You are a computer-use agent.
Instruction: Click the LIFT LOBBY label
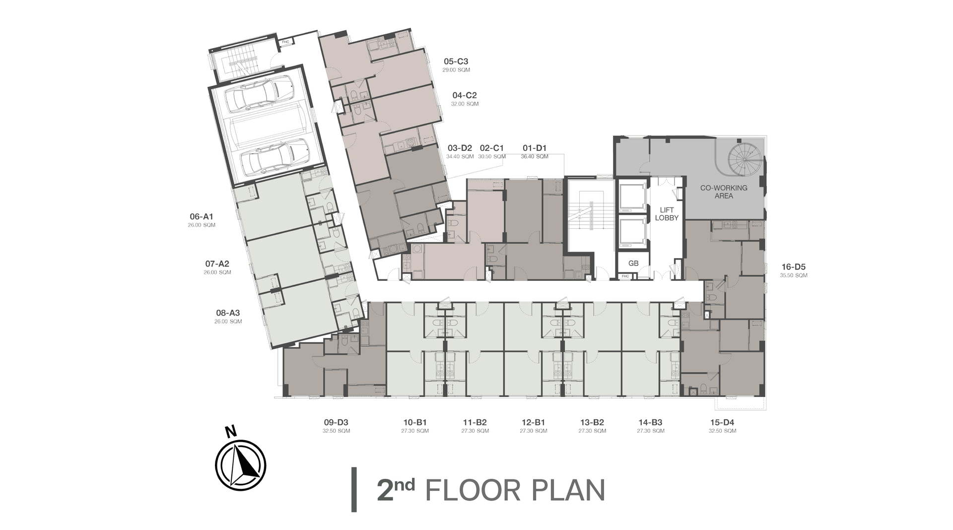pos(667,214)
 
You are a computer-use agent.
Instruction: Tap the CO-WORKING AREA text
pos(724,192)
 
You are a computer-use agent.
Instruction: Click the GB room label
pos(633,264)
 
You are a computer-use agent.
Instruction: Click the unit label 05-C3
pos(456,62)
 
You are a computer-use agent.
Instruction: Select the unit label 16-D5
pos(793,266)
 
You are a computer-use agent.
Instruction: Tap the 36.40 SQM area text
pos(535,157)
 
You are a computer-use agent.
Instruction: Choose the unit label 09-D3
pos(336,422)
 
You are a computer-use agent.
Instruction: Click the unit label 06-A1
pos(202,216)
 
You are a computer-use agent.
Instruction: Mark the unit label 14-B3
pos(650,422)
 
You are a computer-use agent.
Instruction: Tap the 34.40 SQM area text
pos(460,157)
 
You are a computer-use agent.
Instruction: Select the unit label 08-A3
pos(228,313)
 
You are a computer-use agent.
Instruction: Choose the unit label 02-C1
pos(492,148)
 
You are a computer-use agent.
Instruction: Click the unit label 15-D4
pos(722,422)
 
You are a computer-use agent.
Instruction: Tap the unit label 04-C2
pos(465,95)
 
